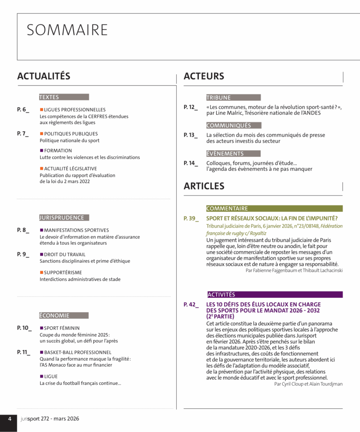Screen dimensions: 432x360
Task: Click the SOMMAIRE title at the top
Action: [67, 30]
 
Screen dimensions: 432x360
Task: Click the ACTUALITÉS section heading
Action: [43, 76]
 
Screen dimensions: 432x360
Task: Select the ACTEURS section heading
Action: [204, 76]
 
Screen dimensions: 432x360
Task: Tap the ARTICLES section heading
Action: [204, 186]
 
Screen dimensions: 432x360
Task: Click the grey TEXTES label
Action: [64, 97]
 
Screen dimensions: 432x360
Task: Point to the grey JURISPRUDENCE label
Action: [64, 218]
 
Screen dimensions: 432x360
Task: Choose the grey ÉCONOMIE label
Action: [64, 316]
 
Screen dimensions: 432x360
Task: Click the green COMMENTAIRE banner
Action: [274, 208]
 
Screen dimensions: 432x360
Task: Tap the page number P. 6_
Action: [23, 110]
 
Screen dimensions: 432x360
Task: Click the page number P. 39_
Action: [191, 219]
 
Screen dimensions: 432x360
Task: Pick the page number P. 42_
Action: [191, 305]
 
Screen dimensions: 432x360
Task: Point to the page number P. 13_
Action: [191, 135]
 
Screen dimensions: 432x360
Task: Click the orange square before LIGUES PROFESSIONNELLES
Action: [41, 110]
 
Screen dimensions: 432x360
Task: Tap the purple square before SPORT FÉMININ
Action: [41, 328]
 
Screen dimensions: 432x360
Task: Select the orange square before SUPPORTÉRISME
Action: [41, 273]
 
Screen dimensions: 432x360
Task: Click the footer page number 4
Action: [9, 419]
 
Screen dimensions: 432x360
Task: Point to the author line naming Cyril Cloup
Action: [308, 384]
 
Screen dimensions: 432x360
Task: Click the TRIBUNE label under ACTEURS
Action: [233, 97]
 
